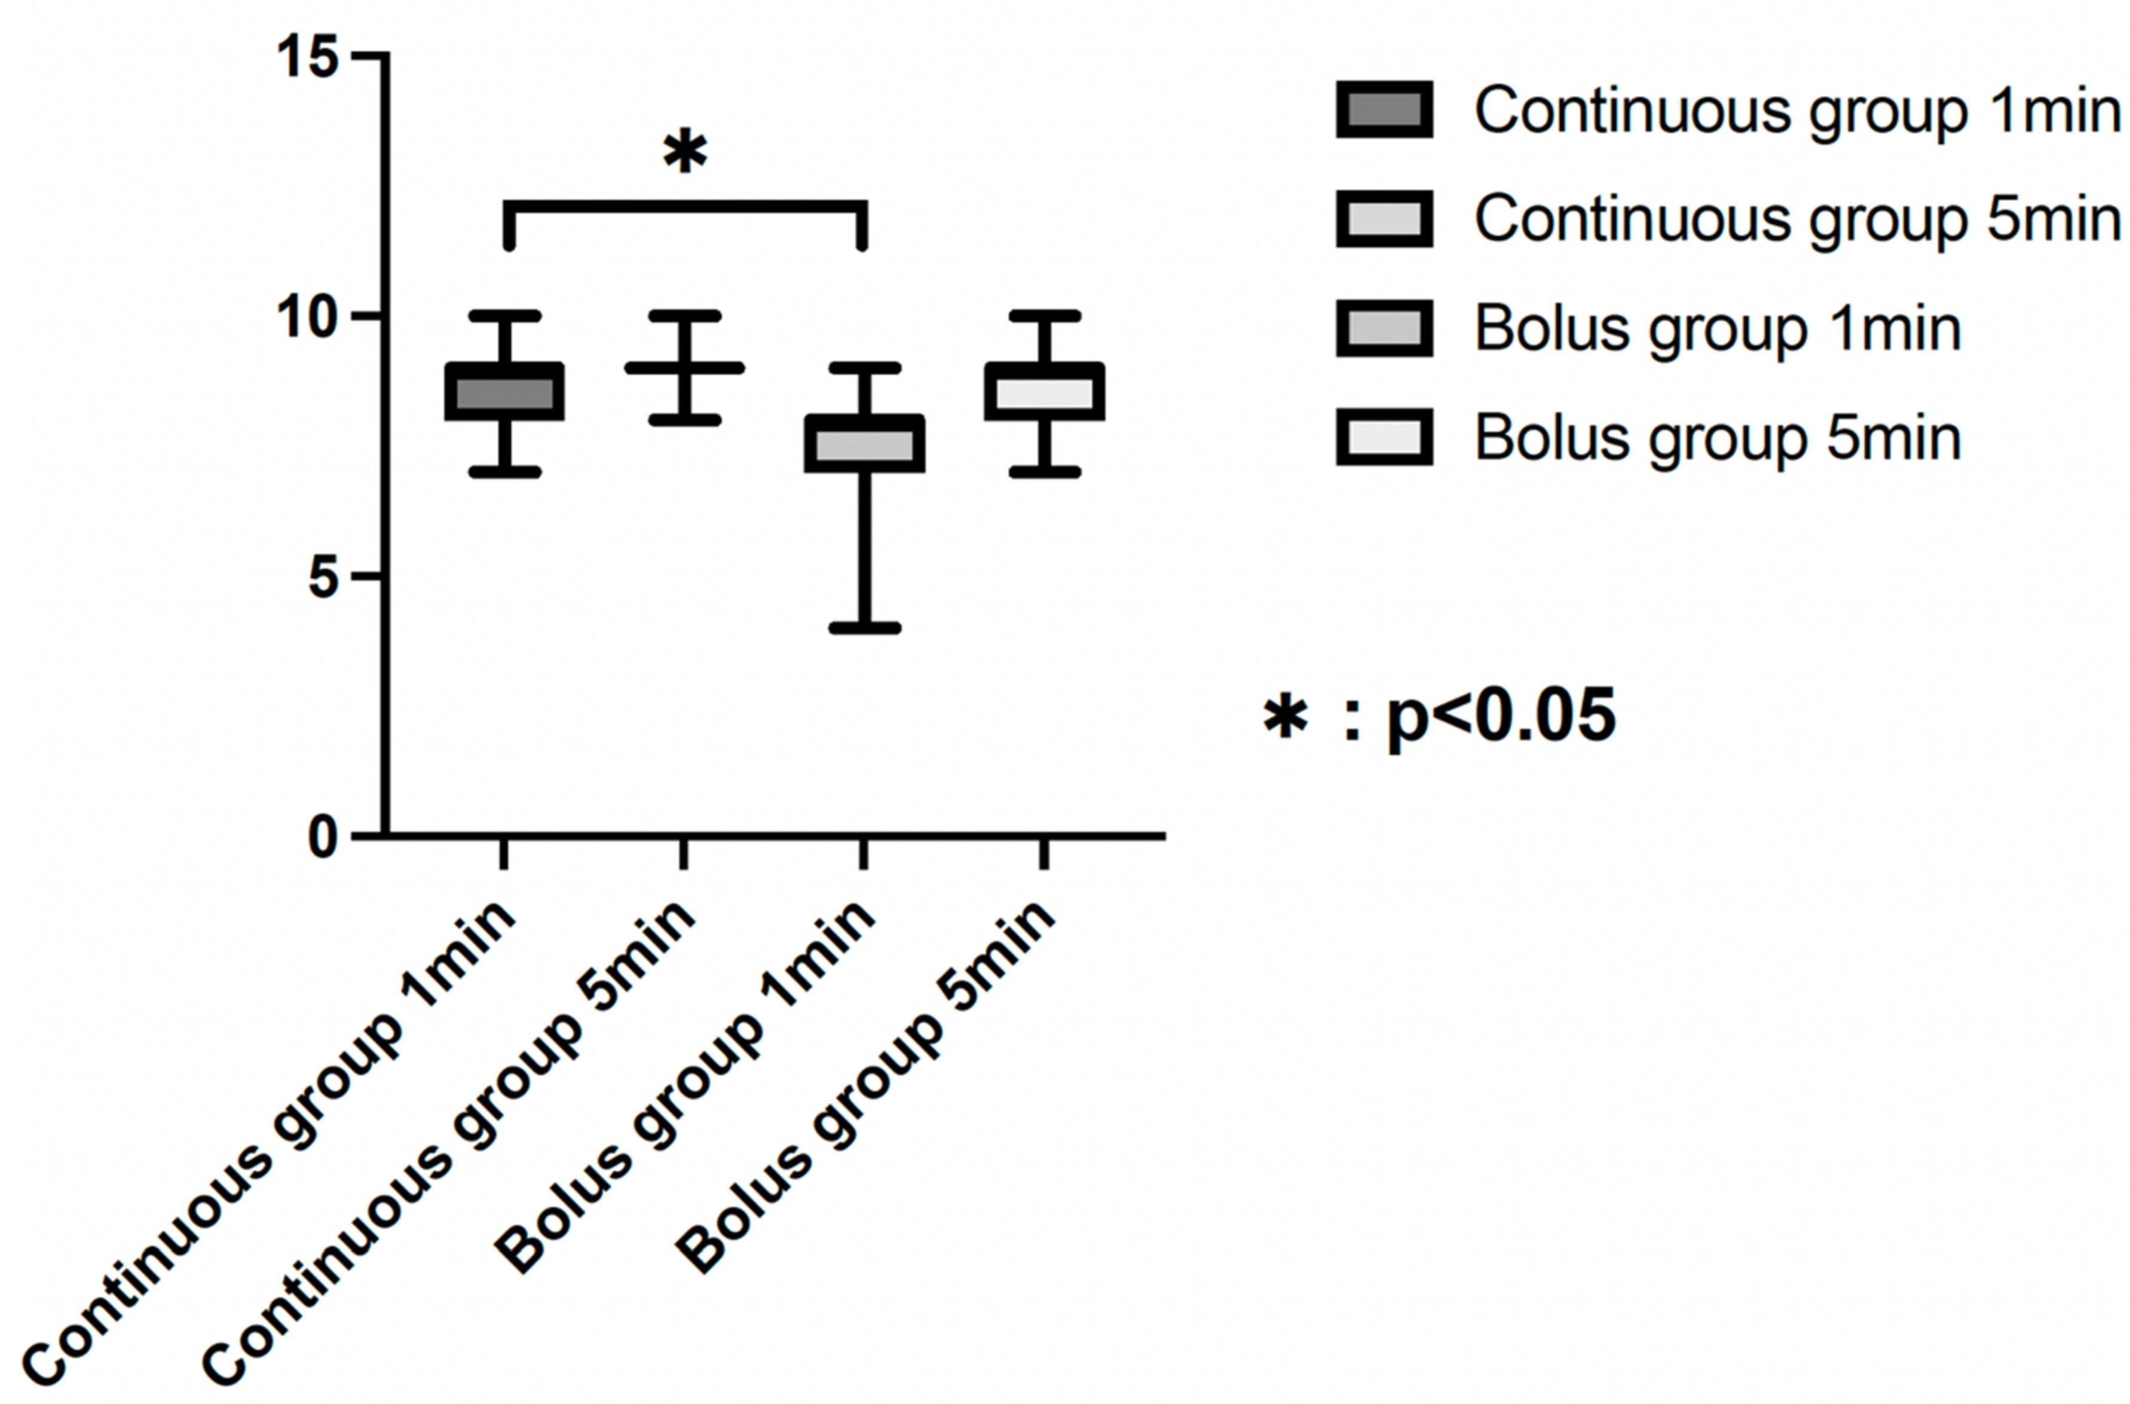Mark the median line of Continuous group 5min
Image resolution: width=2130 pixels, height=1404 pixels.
pyautogui.click(x=685, y=368)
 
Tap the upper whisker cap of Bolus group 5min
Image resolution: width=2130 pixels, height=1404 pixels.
pyautogui.click(x=1045, y=316)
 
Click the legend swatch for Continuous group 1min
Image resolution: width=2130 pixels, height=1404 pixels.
pyautogui.click(x=1384, y=110)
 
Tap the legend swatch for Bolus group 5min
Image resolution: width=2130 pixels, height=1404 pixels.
pyautogui.click(x=1384, y=438)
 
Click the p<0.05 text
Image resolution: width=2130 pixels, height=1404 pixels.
pyautogui.click(x=1501, y=717)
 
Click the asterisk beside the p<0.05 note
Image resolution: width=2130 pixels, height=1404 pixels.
pyautogui.click(x=1285, y=717)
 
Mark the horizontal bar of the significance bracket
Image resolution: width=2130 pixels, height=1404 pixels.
pyautogui.click(x=685, y=207)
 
